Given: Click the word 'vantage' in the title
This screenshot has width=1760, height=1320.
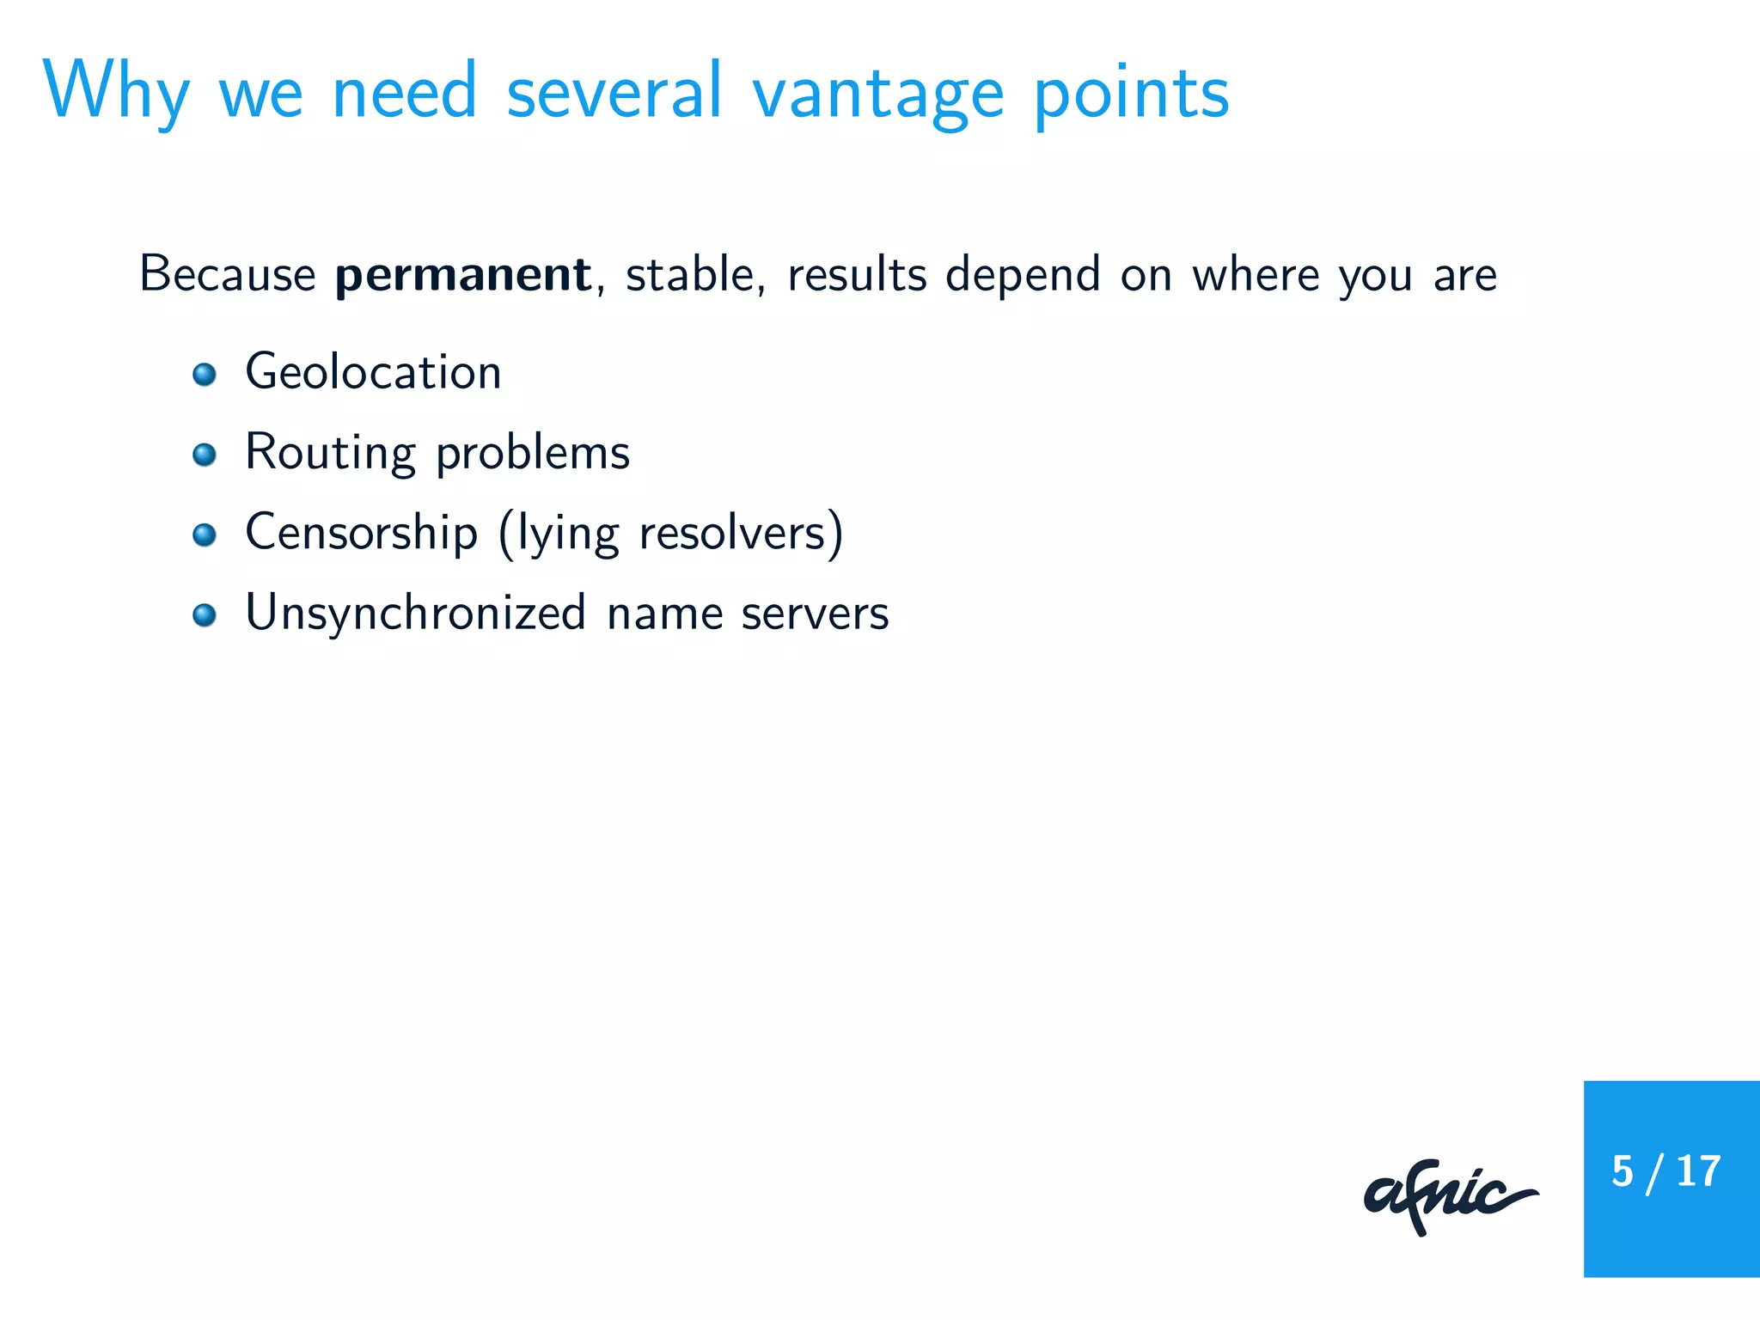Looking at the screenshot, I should (877, 95).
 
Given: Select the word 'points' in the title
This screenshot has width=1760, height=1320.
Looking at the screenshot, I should (1131, 95).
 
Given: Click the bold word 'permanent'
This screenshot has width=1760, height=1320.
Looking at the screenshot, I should (462, 275).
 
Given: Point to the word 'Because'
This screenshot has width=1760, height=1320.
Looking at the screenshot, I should (228, 275).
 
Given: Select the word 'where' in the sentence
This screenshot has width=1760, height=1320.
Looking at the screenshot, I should (1255, 275).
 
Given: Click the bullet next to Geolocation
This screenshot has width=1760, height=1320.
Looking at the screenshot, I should (205, 375).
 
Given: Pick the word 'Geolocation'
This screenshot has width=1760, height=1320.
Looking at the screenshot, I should (373, 372).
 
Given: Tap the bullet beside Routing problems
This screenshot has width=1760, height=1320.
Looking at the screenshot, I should (205, 455).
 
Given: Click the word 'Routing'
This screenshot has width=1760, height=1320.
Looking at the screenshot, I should (330, 454).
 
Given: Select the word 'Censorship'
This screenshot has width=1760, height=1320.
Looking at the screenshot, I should (361, 533).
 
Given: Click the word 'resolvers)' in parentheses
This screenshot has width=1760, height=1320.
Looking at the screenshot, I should (741, 534).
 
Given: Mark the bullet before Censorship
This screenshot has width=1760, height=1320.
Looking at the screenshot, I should (205, 535).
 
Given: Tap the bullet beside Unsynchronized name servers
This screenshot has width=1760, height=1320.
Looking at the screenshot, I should (205, 615).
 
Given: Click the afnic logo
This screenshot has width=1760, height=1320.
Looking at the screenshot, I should (1450, 1196).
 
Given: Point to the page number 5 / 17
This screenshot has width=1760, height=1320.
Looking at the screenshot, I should (1665, 1172).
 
